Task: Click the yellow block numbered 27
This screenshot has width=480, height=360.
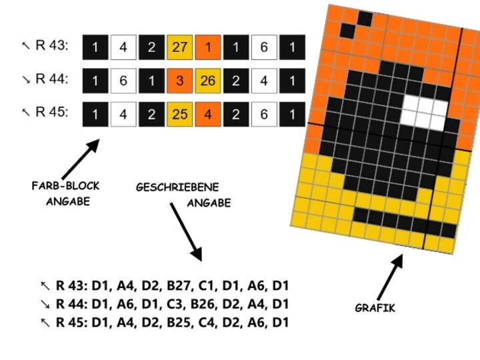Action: pos(179,47)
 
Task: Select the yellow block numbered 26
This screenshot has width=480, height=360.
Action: pos(208,81)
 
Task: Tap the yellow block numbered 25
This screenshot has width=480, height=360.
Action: pos(179,114)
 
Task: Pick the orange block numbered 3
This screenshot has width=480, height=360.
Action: pos(179,81)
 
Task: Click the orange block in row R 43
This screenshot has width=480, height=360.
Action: pos(208,47)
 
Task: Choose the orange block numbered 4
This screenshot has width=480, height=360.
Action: pos(208,114)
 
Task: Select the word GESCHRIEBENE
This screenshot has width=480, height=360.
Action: pos(177,188)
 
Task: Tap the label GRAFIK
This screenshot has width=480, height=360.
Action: pos(375,308)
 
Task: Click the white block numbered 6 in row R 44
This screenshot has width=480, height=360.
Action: pos(123,81)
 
